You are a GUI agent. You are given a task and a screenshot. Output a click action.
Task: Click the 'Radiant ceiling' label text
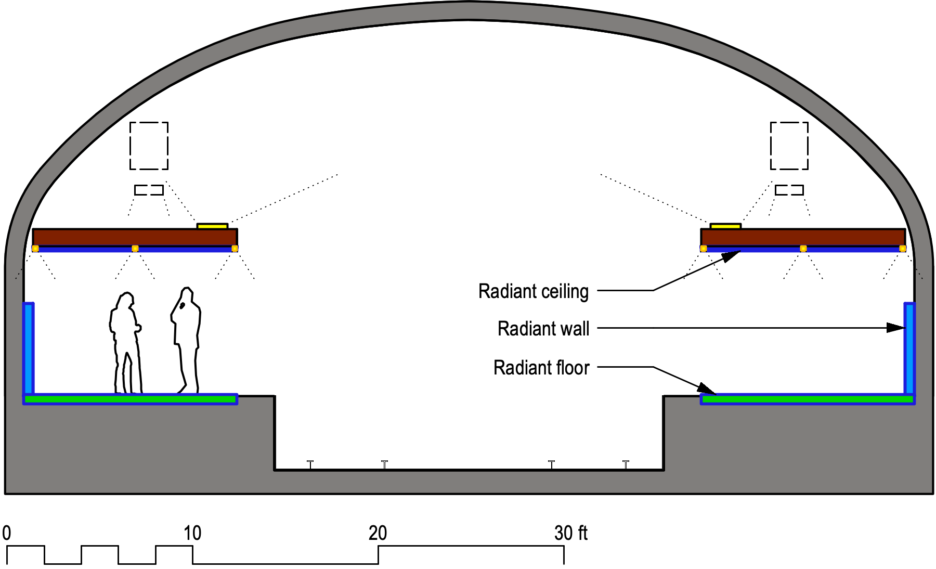533,291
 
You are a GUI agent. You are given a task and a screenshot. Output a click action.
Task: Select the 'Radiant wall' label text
543,329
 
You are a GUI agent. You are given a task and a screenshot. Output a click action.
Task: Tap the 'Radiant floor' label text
541,368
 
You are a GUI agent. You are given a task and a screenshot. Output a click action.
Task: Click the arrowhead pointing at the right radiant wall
896,328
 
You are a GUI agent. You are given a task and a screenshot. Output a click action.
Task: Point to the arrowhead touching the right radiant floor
707,389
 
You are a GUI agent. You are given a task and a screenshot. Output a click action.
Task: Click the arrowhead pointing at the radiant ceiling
732,255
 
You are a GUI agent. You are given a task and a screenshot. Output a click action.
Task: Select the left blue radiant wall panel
29,348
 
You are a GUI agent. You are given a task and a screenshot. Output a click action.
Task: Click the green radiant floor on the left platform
130,399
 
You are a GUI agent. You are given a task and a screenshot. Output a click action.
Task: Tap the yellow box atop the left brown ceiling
212,226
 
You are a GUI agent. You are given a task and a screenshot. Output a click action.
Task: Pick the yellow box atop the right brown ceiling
725,226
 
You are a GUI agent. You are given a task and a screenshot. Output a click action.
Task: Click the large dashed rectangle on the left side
149,146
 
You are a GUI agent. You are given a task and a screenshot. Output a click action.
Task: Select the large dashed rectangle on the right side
789,146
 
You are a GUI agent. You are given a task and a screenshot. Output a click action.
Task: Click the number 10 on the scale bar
192,533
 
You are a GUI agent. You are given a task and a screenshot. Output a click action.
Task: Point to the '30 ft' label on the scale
570,533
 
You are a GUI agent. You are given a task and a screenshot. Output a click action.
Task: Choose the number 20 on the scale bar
378,533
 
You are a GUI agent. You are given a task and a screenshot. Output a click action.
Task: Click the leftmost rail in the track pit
310,464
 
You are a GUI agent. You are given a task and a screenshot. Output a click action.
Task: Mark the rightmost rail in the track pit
626,464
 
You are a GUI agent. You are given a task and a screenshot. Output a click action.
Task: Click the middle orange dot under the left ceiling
135,249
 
